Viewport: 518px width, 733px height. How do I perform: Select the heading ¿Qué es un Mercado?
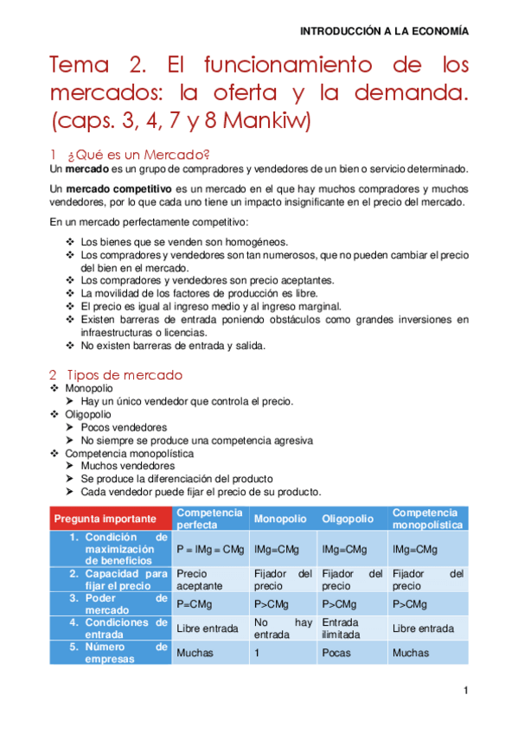coord(139,154)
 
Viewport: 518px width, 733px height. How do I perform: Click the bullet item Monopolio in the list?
coord(88,389)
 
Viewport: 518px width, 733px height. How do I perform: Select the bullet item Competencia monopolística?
coord(129,453)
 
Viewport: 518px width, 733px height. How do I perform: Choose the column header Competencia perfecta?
coord(209,519)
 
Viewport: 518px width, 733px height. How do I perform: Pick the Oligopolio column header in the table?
coord(348,519)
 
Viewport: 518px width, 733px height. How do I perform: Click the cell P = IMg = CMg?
coord(210,549)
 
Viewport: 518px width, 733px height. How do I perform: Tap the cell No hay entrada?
coord(283,628)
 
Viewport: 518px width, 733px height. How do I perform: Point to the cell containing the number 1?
coord(257,653)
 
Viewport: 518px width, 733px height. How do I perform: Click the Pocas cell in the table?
coord(336,653)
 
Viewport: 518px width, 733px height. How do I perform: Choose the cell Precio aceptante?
coord(199,579)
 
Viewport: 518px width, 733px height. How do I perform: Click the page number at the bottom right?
coord(465,690)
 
